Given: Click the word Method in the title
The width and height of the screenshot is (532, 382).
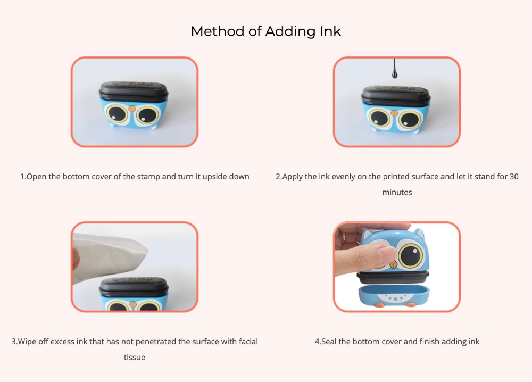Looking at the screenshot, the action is pos(218,31).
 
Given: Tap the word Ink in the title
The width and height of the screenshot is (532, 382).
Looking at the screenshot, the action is pos(330,31).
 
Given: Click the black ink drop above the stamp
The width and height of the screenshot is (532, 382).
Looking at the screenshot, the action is pos(394,69).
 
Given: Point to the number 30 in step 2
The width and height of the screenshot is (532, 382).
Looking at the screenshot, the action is pos(514,177).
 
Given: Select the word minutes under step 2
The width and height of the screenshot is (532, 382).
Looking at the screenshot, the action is pos(397,193).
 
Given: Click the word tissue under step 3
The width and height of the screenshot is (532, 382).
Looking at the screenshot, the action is pos(135,357).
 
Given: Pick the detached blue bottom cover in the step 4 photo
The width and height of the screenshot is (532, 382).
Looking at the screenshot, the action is pos(394,295).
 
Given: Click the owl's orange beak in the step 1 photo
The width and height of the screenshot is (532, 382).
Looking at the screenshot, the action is pos(132,108).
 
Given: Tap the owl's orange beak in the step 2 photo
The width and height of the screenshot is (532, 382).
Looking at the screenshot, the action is pos(394,113).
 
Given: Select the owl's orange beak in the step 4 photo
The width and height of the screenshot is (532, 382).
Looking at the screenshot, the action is pos(393,264).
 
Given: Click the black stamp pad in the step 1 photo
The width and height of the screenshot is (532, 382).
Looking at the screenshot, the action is pos(134,90).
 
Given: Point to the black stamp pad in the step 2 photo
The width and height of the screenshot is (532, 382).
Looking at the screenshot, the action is pos(396,94).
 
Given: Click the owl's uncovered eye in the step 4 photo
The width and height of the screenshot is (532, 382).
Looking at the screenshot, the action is pos(411,255).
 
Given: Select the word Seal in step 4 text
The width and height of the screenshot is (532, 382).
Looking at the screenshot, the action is pos(329,341).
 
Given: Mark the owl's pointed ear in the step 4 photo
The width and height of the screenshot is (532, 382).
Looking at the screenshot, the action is pos(419,234).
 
